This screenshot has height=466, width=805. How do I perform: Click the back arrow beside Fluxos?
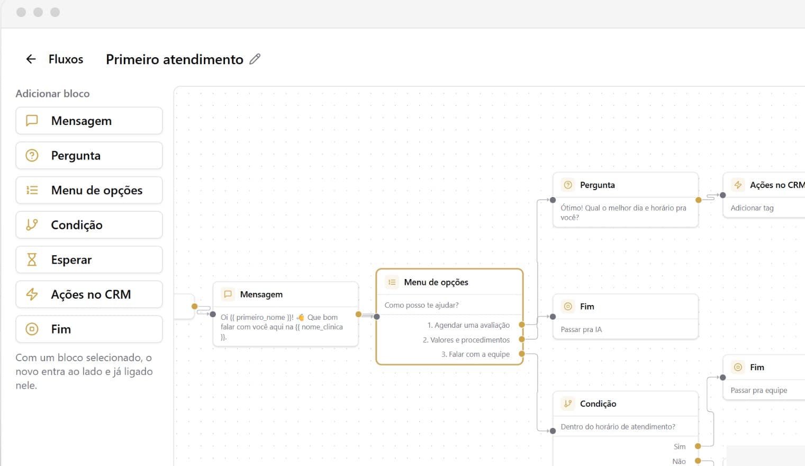(x=31, y=59)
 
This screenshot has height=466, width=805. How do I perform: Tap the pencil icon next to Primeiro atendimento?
(x=255, y=59)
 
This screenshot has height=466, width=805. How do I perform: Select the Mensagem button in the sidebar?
(x=89, y=121)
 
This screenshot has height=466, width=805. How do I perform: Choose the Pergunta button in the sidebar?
(x=89, y=156)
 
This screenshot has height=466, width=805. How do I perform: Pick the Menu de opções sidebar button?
(x=89, y=190)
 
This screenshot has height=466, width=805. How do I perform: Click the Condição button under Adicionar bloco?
(x=89, y=225)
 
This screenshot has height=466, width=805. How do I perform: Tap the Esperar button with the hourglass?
(x=89, y=259)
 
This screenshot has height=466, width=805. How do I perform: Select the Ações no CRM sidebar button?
(x=89, y=294)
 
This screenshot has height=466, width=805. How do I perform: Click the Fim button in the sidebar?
(x=89, y=329)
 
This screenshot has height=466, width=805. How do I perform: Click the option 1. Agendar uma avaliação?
(x=468, y=325)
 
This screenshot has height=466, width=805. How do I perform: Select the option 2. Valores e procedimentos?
(x=466, y=340)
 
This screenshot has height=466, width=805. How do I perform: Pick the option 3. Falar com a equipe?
(x=475, y=354)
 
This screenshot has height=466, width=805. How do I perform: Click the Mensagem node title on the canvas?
(x=261, y=294)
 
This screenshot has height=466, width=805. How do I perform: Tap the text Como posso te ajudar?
(x=421, y=305)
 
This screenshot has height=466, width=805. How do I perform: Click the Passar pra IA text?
(x=581, y=329)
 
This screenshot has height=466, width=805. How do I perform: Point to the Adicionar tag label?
(x=752, y=208)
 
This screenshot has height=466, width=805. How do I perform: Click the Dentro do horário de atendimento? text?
(x=618, y=427)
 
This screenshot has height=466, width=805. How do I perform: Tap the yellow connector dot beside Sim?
(x=698, y=446)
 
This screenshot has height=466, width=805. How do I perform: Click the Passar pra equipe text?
(x=758, y=390)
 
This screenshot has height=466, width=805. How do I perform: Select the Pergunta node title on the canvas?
(x=598, y=185)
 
